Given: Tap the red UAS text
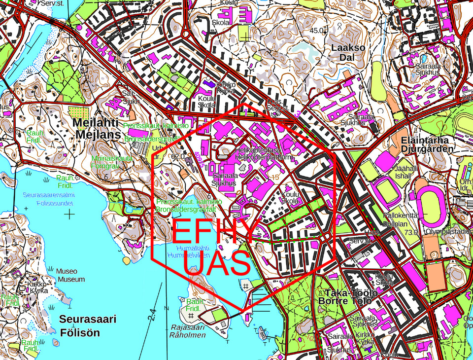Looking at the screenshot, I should point(217,264).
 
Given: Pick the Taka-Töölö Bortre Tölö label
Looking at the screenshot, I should point(348,297).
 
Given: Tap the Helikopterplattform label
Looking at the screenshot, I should point(264,157).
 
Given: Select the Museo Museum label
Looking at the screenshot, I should point(69,275).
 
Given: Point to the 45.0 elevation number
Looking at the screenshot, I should point(317,31).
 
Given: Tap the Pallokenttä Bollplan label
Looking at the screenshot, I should point(401,219).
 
